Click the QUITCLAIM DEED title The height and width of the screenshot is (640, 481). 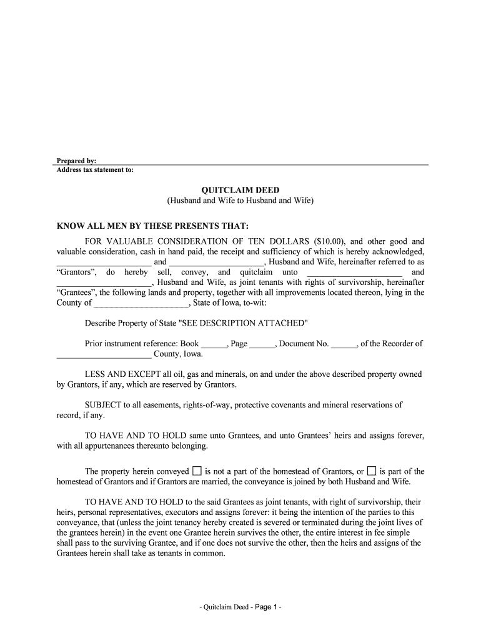point(240,190)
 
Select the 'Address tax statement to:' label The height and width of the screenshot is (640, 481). point(95,169)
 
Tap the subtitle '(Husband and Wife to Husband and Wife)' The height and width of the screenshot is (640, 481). point(240,201)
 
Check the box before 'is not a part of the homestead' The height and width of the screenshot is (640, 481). point(197,471)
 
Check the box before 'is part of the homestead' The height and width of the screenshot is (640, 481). point(372,471)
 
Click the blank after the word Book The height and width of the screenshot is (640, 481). point(214,344)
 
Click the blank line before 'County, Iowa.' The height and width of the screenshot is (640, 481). point(104,354)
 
